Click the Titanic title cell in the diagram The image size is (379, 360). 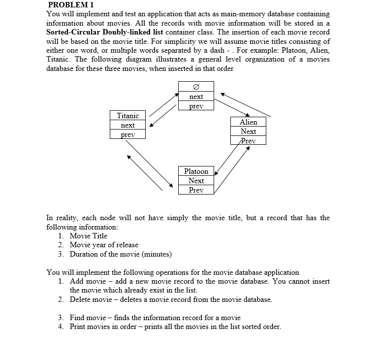(127, 116)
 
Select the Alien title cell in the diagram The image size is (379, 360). (248, 122)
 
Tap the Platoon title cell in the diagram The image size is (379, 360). (196, 171)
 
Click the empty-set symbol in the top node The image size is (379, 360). (196, 87)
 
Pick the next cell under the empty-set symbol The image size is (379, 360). (196, 97)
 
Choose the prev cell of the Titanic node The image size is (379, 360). (127, 134)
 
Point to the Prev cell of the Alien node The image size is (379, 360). (248, 141)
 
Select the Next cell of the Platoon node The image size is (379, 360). (196, 181)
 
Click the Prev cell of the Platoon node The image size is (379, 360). (196, 190)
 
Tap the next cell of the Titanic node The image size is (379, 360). (127, 125)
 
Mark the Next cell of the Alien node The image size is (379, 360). (248, 131)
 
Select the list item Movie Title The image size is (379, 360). (89, 236)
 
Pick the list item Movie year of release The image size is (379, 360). (104, 245)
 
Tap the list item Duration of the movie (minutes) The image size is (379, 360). (121, 254)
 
